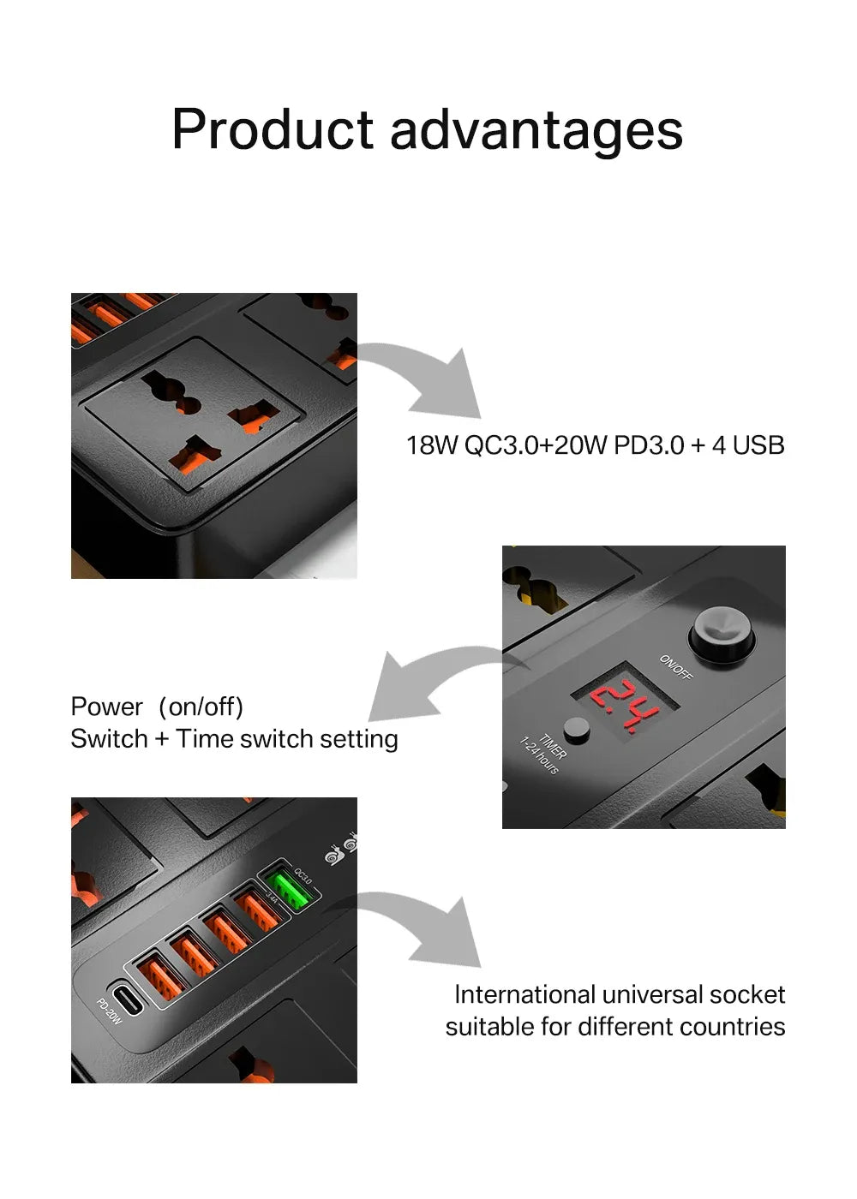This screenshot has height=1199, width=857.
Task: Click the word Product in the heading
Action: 273,130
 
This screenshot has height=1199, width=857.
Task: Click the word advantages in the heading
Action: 536,130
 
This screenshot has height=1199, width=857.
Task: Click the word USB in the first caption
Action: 758,445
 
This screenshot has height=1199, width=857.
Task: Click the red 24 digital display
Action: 624,705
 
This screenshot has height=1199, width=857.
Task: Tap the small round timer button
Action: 578,730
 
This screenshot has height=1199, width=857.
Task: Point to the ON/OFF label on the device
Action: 675,667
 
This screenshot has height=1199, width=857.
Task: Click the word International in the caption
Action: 524,994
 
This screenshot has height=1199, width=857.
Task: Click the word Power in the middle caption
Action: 106,707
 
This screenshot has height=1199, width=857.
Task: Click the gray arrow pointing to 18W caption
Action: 428,377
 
